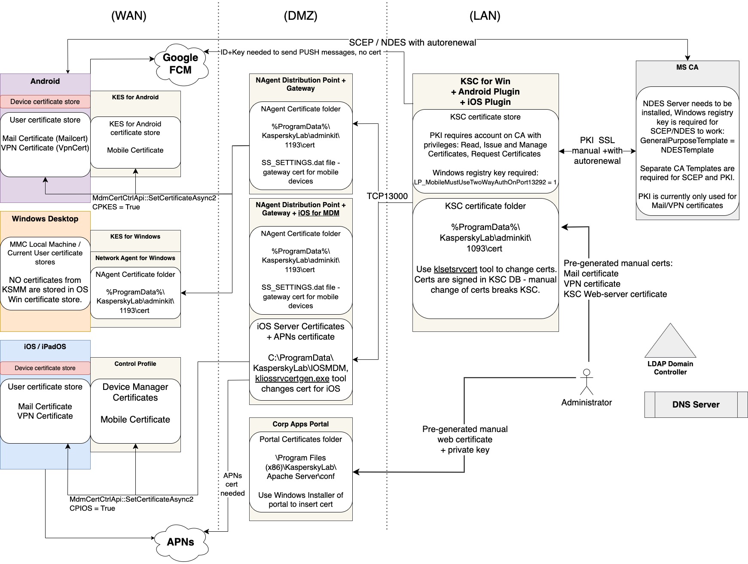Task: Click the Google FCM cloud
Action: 180,64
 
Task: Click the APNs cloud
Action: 180,542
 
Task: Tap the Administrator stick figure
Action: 586,382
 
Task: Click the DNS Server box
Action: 696,405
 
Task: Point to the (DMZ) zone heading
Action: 301,16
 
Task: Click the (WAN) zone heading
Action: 129,16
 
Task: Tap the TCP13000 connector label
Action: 387,196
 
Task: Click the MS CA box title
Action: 687,67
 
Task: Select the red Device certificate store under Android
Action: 45,102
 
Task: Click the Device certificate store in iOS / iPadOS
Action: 45,368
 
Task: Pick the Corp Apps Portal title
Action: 301,424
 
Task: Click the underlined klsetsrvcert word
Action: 455,270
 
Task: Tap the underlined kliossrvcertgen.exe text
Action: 292,379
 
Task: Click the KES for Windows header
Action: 135,237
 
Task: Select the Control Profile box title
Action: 135,364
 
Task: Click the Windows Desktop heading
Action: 45,219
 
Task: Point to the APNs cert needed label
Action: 232,484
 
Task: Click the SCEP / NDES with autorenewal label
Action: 412,43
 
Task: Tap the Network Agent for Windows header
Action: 135,258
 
